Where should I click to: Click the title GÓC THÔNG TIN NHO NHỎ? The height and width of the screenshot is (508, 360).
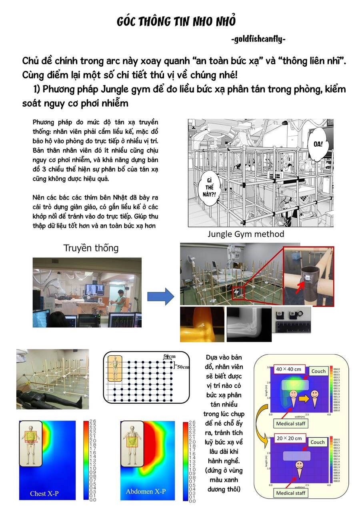(x=176, y=21)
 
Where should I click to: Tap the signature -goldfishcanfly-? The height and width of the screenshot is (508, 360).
(x=258, y=39)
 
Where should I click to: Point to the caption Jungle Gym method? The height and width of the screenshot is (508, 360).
(x=246, y=234)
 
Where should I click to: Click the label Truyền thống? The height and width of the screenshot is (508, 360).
(x=91, y=248)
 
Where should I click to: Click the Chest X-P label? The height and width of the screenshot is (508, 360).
(x=44, y=493)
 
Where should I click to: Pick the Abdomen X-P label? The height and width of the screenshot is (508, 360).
(x=146, y=491)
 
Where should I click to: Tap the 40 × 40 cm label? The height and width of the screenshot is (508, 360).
(x=290, y=369)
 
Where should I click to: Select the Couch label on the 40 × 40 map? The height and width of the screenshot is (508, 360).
(x=318, y=371)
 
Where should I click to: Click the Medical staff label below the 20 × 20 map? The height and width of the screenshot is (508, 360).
(x=290, y=493)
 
